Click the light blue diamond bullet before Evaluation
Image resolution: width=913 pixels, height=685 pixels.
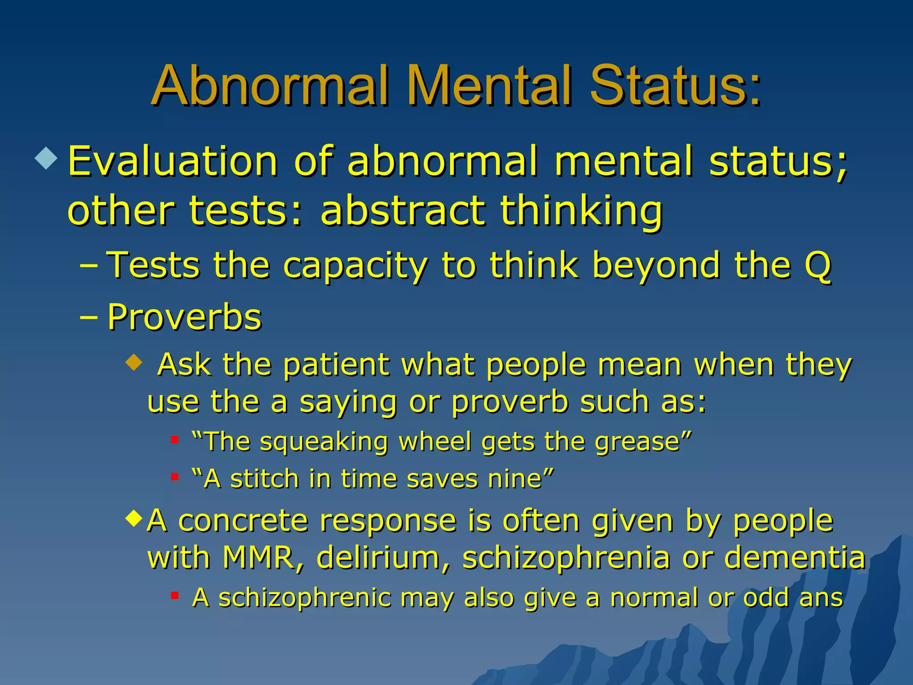point(46,158)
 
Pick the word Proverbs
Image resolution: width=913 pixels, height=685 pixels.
point(185,317)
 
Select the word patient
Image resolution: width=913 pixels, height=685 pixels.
point(336,365)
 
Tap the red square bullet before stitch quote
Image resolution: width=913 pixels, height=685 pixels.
point(175,477)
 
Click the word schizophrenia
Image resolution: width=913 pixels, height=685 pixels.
point(566,558)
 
